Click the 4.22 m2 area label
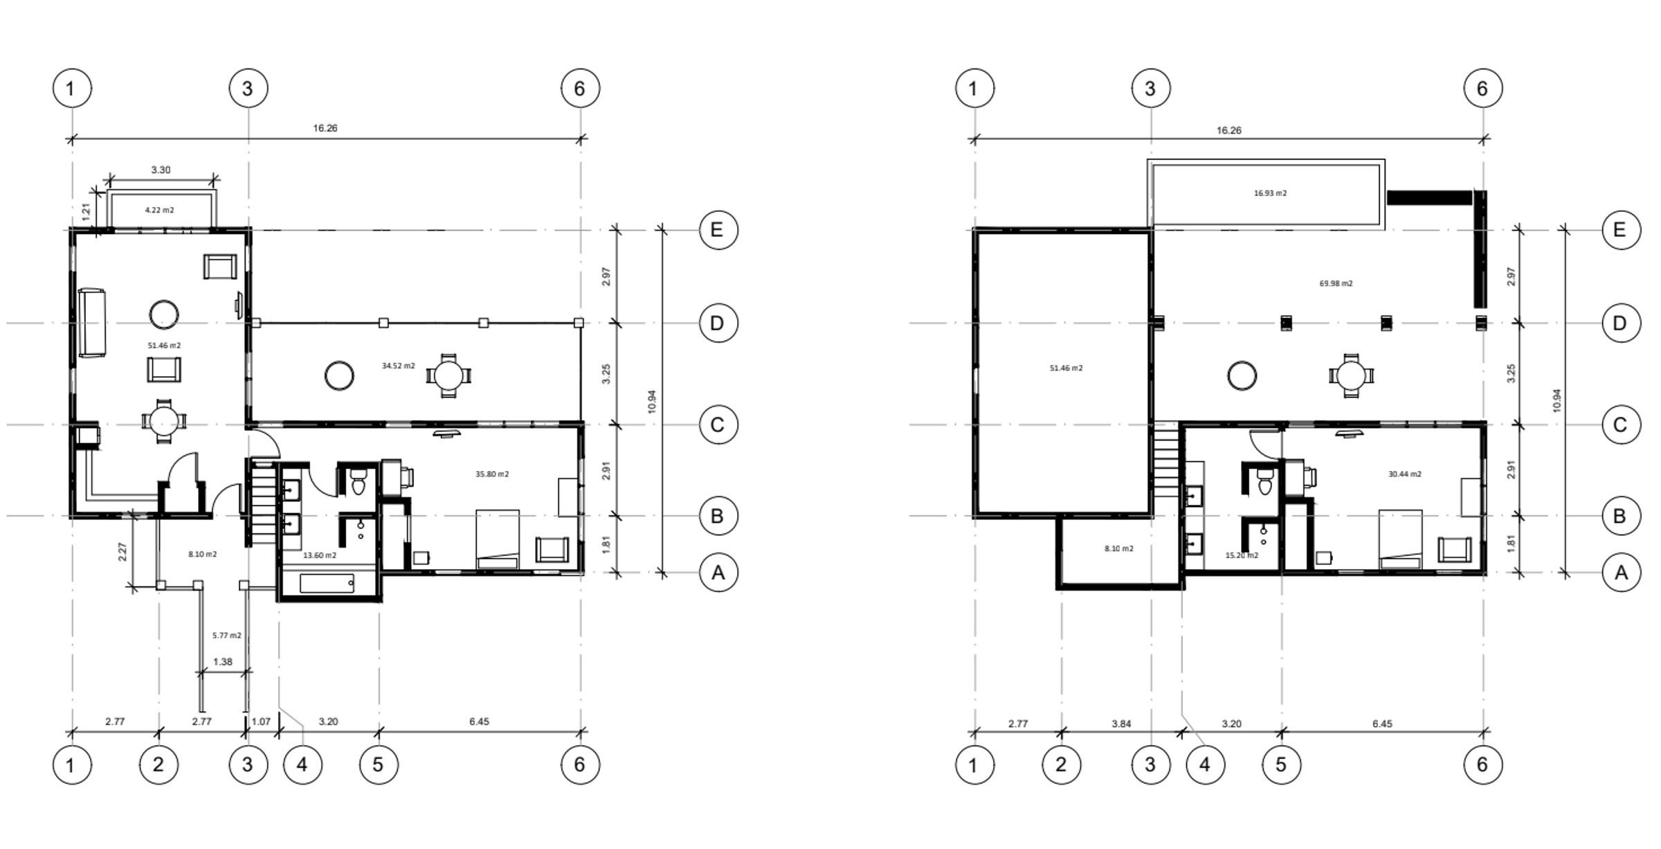click(x=159, y=210)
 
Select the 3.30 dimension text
click(x=161, y=170)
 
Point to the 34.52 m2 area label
click(x=399, y=366)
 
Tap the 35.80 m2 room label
click(x=492, y=474)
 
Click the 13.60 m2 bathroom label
click(x=320, y=555)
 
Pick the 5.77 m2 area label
click(x=227, y=635)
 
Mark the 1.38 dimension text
click(x=223, y=662)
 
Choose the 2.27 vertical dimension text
click(x=122, y=551)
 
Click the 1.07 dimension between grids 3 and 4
click(x=261, y=722)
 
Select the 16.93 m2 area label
click(x=1271, y=193)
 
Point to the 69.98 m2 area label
click(x=1336, y=283)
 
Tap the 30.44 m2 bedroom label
click(x=1405, y=474)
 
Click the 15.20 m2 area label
click(x=1242, y=555)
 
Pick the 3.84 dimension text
click(x=1121, y=724)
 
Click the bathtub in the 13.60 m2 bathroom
click(x=327, y=583)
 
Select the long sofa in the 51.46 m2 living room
click(x=91, y=323)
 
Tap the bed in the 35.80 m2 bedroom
click(x=498, y=539)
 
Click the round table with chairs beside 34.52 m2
click(x=448, y=376)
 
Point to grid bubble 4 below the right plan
click(x=1205, y=765)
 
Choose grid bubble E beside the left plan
click(x=718, y=230)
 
